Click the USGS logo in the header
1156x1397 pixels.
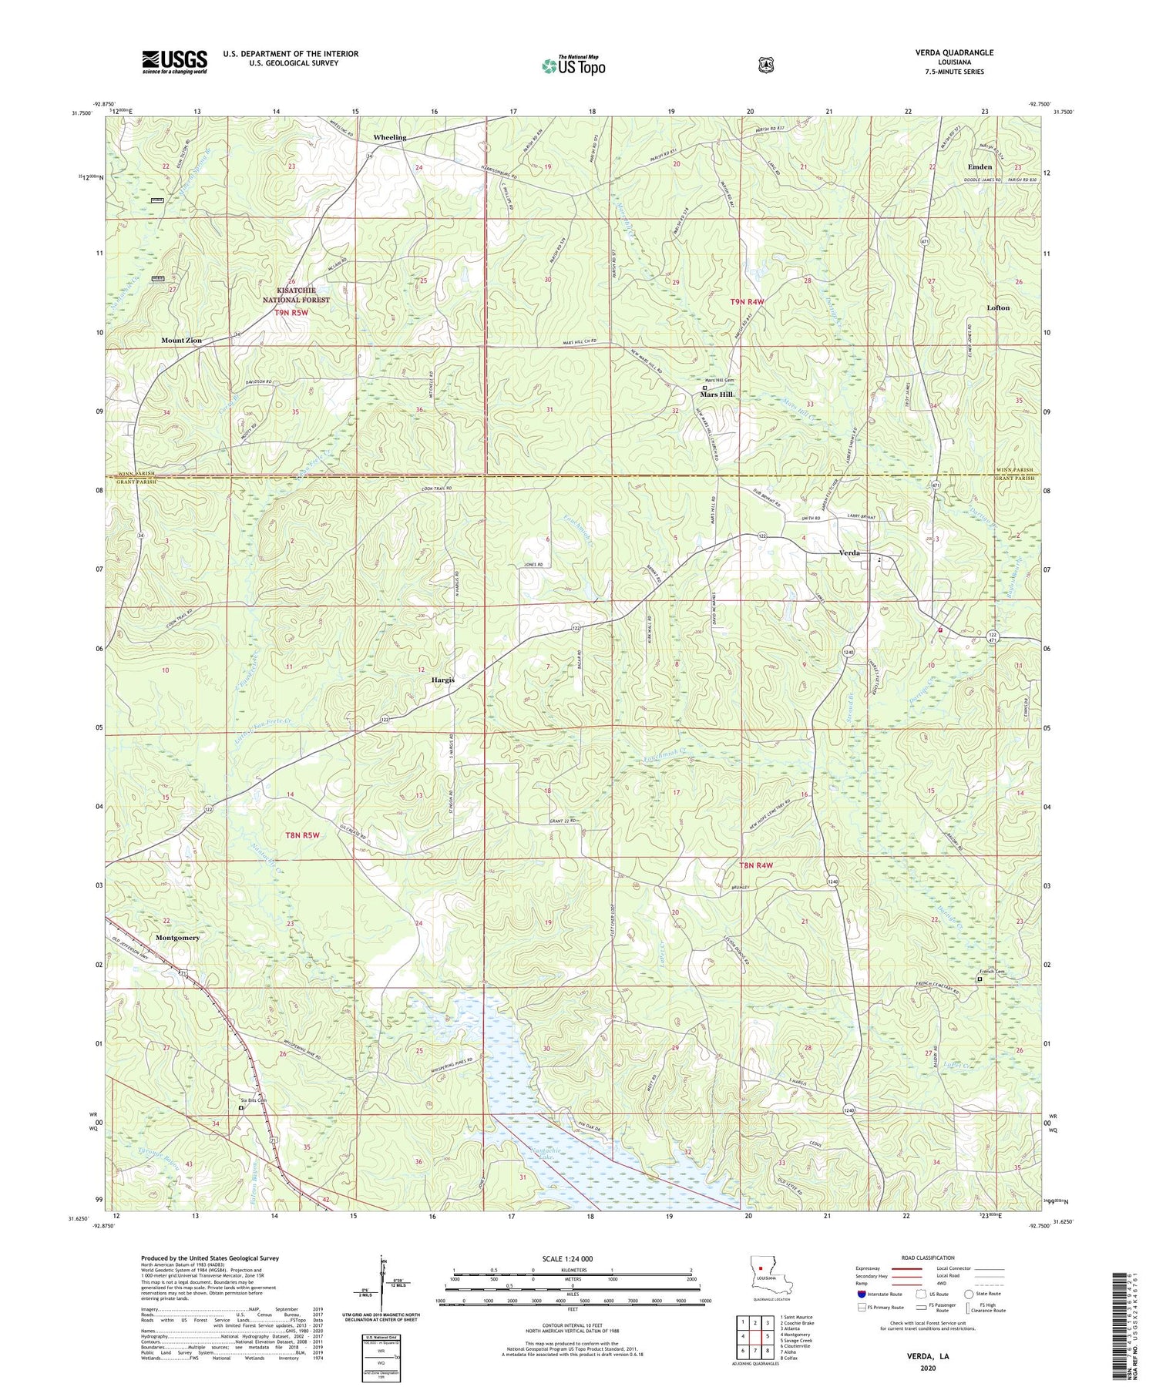click(174, 62)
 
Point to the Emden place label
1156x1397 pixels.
click(980, 166)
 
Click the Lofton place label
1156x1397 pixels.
click(998, 307)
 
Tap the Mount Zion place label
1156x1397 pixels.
click(181, 340)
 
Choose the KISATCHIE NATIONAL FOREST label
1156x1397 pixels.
click(296, 295)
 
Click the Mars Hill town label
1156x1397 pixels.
click(717, 394)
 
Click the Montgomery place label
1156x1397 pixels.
click(177, 938)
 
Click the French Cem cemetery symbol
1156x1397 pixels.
click(980, 979)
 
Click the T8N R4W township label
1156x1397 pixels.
click(755, 865)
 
